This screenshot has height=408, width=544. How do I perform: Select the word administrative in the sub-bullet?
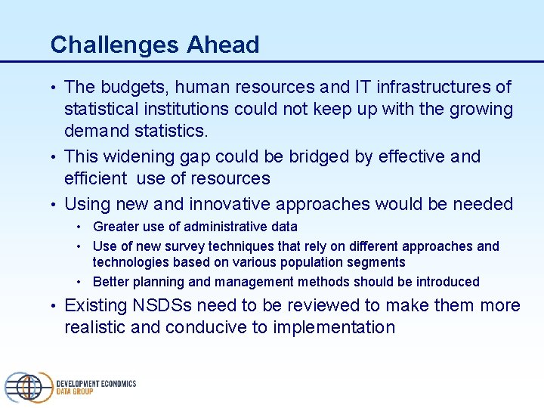click(228, 227)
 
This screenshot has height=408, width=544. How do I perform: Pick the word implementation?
click(334, 327)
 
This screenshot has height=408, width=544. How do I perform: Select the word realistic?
click(95, 327)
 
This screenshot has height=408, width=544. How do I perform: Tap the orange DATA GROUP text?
click(75, 392)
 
